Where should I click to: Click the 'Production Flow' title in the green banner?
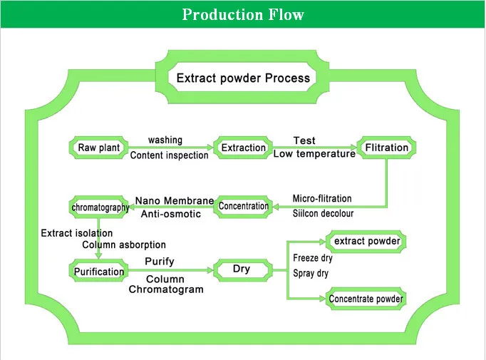[242, 14]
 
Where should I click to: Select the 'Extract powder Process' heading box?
[242, 77]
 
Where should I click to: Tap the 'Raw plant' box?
[98, 148]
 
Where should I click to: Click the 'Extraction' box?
[243, 148]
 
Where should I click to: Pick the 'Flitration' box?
[386, 148]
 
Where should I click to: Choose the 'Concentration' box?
[244, 207]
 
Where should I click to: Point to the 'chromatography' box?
[100, 207]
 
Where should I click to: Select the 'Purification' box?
[99, 271]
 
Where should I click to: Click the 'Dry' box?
[243, 269]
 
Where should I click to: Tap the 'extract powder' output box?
[366, 242]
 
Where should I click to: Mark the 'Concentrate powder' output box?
[366, 299]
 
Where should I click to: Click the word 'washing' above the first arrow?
[165, 140]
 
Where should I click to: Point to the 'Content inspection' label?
[170, 155]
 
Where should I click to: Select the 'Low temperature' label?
[314, 154]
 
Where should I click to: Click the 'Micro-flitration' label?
[322, 198]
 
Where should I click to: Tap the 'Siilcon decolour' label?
[323, 213]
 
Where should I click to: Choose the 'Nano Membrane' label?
[175, 200]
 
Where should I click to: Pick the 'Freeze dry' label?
[313, 259]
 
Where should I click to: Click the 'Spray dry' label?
[311, 273]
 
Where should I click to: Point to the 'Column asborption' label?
[124, 245]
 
